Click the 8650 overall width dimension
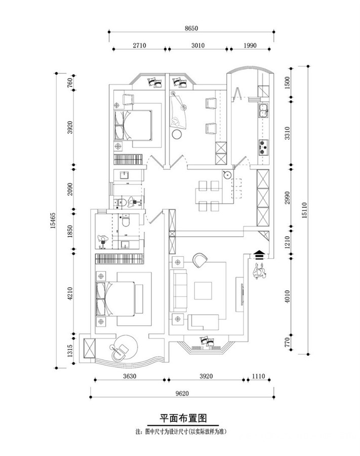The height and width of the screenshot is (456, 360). [191, 29]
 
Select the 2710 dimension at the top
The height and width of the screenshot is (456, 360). [139, 46]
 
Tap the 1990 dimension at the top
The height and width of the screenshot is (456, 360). [250, 46]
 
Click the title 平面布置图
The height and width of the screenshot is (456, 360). [184, 419]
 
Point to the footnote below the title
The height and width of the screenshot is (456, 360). [184, 433]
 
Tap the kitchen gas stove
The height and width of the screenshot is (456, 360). [263, 146]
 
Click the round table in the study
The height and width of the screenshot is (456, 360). [178, 135]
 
